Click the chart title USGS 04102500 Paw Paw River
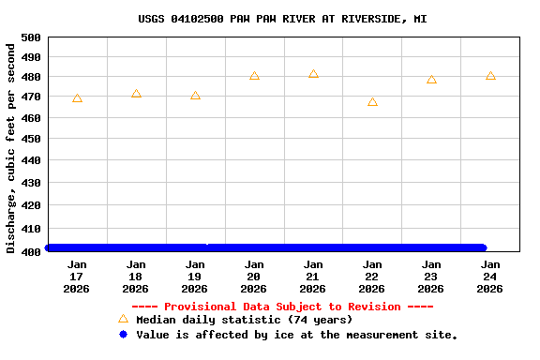tap(282, 19)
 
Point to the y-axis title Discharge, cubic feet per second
tap(11, 147)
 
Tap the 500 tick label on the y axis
tap(30, 37)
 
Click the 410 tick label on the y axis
tap(30, 228)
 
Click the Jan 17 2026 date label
tap(77, 277)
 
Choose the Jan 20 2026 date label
tap(254, 277)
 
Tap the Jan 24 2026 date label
tap(490, 277)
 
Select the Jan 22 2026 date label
tap(372, 277)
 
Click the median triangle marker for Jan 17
tap(77, 98)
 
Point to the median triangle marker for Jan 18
tap(136, 94)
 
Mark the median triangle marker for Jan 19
tap(195, 96)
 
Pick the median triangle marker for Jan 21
tap(313, 74)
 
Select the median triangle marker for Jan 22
tap(372, 102)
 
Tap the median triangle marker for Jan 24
tap(490, 76)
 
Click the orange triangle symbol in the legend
tap(123, 319)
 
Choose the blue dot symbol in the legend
tap(123, 335)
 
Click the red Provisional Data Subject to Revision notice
tap(282, 307)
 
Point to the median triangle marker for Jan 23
tap(431, 80)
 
